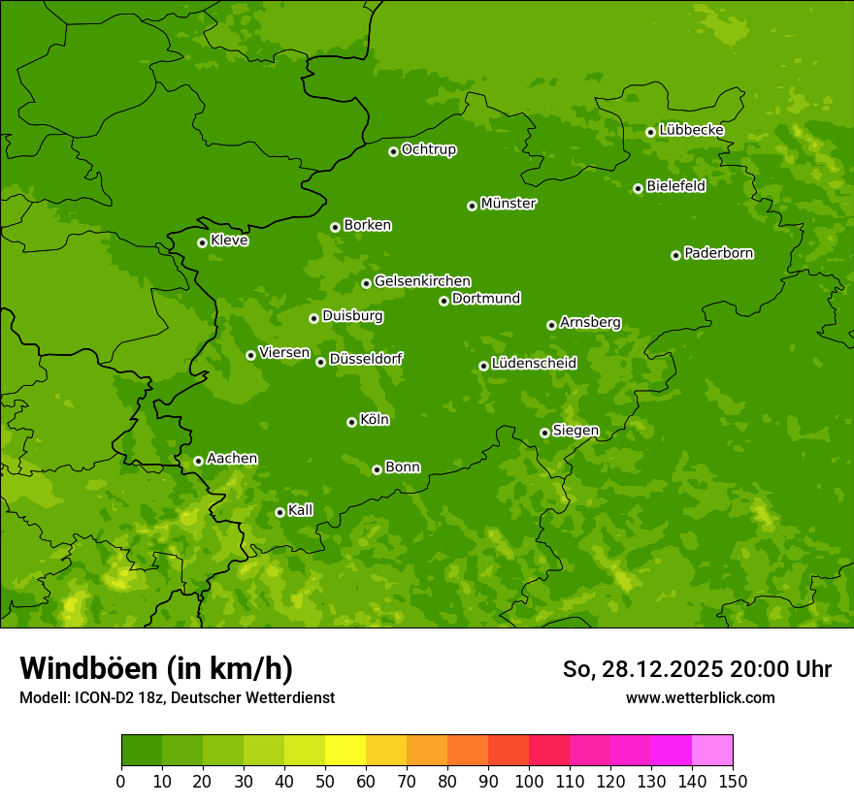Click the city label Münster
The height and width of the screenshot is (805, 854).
(x=509, y=204)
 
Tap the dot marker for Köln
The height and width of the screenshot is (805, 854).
(x=351, y=422)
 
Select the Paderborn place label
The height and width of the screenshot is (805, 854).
(x=719, y=253)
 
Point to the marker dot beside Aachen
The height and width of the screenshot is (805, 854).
(x=198, y=461)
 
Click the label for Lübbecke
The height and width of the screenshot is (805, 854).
(x=692, y=130)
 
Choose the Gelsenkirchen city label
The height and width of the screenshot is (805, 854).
(x=422, y=281)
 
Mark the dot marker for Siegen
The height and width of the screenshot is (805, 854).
(x=544, y=433)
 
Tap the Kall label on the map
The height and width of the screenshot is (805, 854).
(x=301, y=510)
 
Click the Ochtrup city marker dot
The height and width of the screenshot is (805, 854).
(x=393, y=151)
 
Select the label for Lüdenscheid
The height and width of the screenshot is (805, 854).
(x=535, y=364)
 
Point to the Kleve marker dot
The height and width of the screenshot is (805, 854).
(x=202, y=242)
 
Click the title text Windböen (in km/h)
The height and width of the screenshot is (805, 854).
(x=156, y=668)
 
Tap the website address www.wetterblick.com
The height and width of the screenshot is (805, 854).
(x=700, y=697)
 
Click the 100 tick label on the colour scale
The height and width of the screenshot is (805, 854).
(x=529, y=781)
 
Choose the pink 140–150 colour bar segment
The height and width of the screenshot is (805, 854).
(x=712, y=751)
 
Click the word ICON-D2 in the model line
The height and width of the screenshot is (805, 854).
(x=100, y=698)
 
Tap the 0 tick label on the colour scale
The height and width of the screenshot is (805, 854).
(x=121, y=781)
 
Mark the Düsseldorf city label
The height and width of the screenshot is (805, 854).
(x=366, y=359)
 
